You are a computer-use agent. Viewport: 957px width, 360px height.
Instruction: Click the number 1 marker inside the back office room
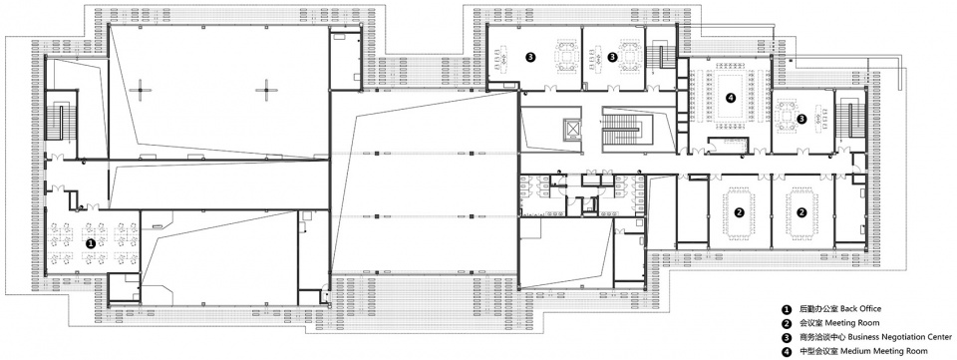[x=91, y=243]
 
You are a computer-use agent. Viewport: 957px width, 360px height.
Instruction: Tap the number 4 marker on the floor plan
[x=731, y=97]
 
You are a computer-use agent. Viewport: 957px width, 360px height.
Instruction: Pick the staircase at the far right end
[x=847, y=119]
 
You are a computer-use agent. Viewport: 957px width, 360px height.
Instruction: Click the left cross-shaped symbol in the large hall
[x=142, y=91]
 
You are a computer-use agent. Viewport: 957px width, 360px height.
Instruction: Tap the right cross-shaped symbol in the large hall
[x=267, y=91]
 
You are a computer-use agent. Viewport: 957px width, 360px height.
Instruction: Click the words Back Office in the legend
[x=860, y=309]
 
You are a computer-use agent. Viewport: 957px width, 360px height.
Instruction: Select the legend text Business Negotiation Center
[x=899, y=337]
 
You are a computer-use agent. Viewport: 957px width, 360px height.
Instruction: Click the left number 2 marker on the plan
[x=739, y=212]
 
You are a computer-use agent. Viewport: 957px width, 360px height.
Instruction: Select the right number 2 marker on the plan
[x=802, y=212]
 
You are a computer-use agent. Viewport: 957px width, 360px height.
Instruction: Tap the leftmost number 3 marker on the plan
[x=531, y=57]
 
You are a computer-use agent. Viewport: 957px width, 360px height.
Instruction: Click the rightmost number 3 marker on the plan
[x=801, y=119]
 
